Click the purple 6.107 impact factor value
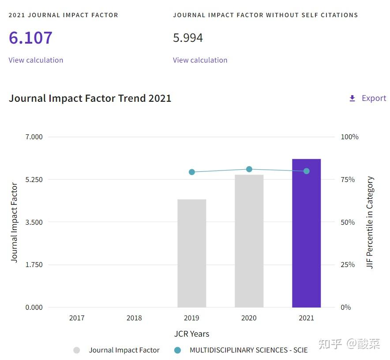click(30, 38)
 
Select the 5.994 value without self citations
click(188, 38)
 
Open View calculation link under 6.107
click(36, 60)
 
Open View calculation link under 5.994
click(200, 60)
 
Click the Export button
click(374, 98)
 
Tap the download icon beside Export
click(352, 98)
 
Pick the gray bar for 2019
click(191, 253)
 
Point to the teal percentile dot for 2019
click(191, 172)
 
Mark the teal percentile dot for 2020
click(249, 169)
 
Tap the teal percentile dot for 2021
click(306, 171)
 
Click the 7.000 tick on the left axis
click(34, 137)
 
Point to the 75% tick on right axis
click(348, 180)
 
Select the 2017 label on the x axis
click(77, 318)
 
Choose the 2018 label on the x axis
click(134, 318)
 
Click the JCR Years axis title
click(191, 334)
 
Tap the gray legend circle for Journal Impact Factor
click(77, 350)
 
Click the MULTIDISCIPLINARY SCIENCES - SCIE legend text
click(248, 350)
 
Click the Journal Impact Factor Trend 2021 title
click(90, 98)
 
